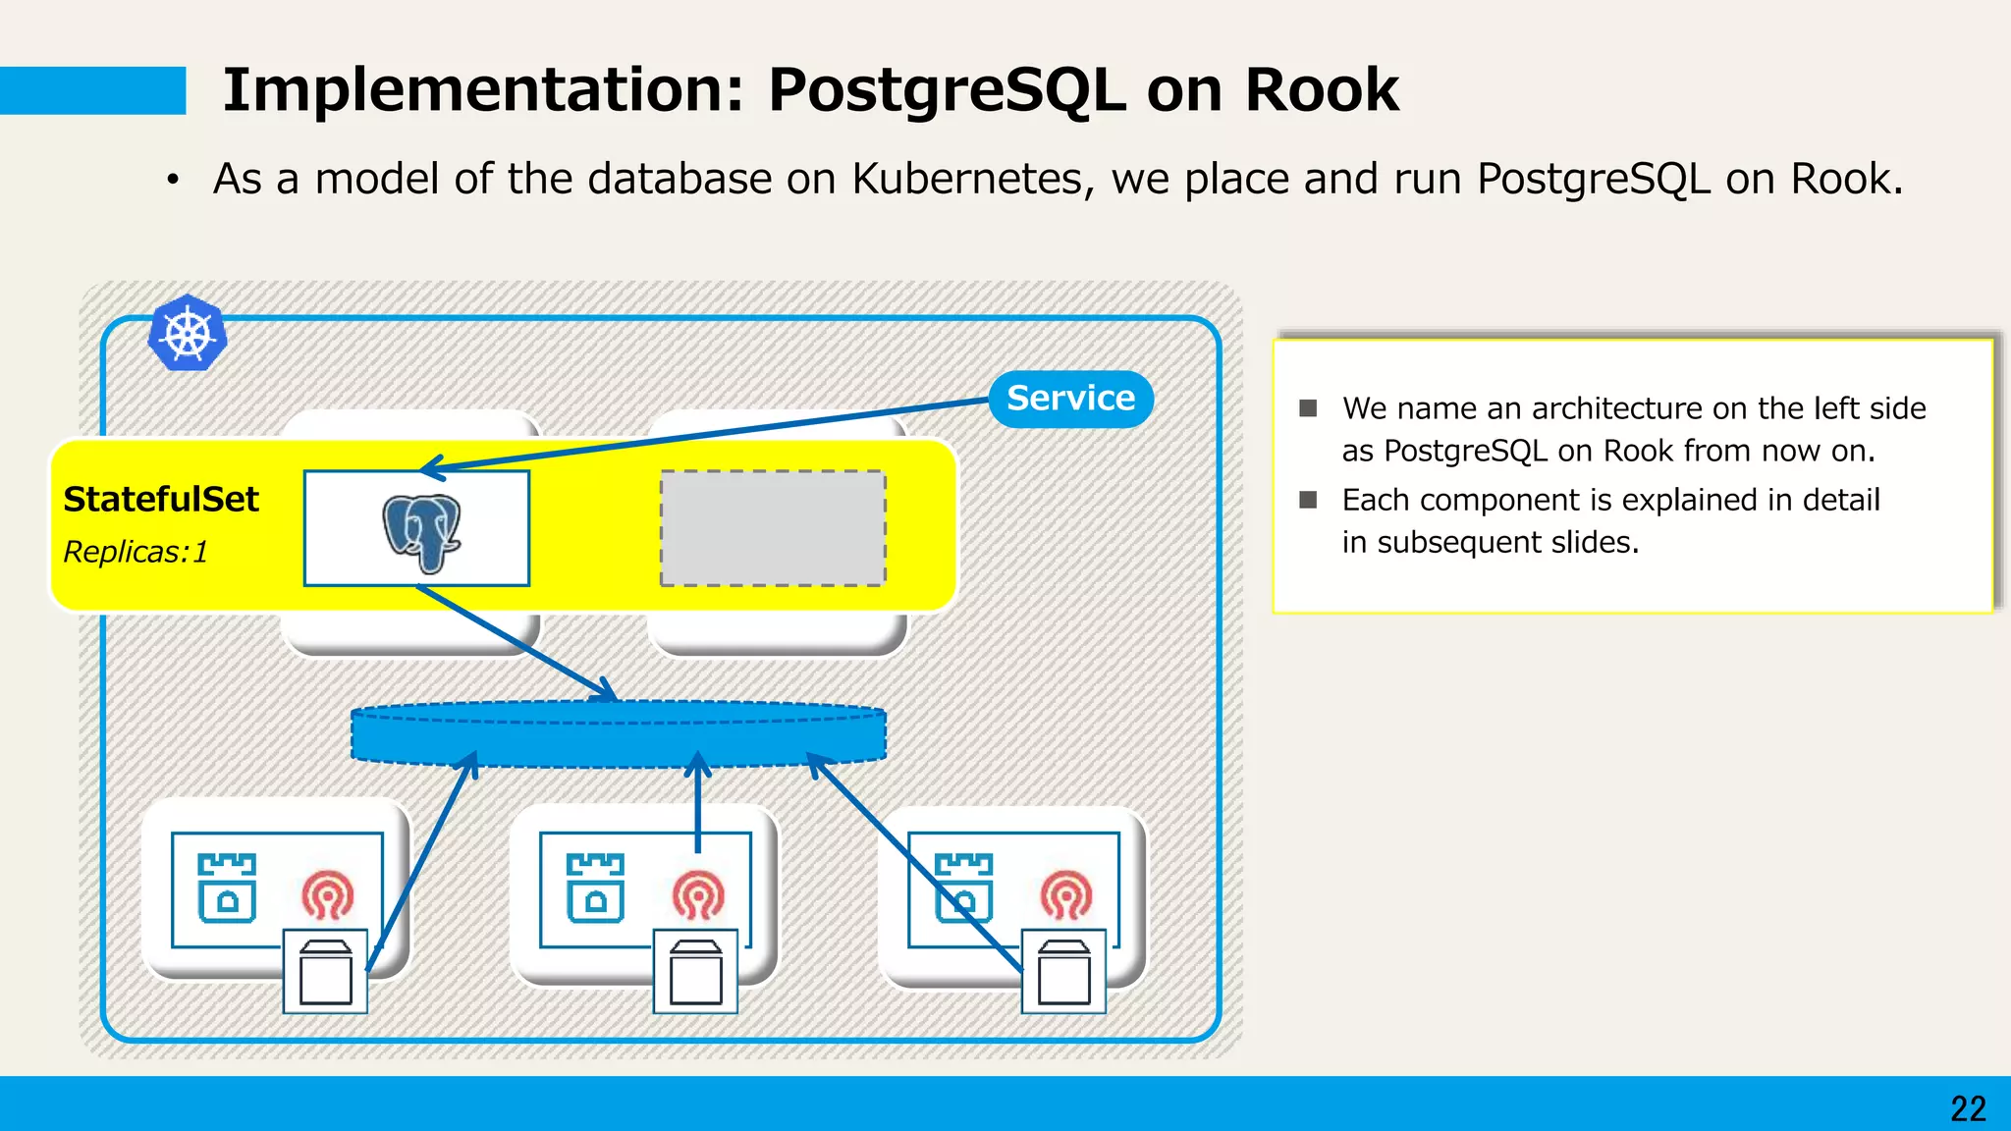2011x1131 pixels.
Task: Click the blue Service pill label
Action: [1070, 399]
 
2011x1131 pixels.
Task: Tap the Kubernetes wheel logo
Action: [188, 333]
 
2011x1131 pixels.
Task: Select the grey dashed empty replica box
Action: [773, 528]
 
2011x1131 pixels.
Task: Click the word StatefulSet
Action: [161, 499]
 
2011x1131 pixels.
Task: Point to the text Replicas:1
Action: [136, 552]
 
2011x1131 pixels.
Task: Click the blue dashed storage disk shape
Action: [619, 734]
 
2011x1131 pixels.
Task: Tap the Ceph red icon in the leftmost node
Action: [328, 894]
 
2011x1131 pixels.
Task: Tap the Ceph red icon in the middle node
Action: [697, 894]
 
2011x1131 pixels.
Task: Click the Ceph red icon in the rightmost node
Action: [1066, 894]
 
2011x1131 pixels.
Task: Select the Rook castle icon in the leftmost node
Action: [227, 889]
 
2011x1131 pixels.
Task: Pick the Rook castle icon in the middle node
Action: [595, 889]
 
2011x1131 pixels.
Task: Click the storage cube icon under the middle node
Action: [695, 972]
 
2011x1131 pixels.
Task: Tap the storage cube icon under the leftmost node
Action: [326, 972]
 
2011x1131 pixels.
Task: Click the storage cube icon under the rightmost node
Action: [1063, 972]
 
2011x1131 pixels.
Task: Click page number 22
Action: [1968, 1108]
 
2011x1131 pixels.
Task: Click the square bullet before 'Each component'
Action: [1308, 500]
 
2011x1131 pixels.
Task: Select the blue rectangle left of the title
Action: [92, 90]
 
